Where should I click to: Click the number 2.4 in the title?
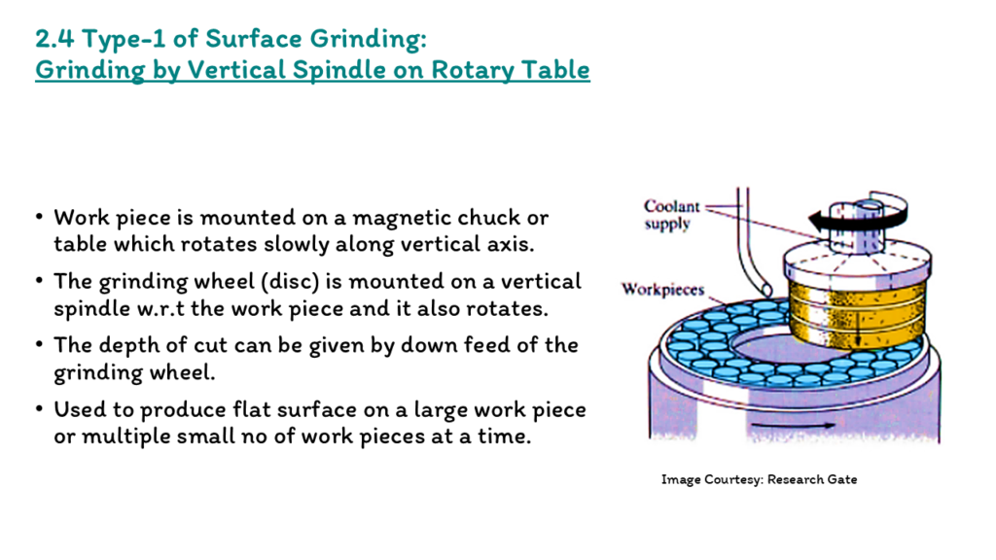pyautogui.click(x=55, y=39)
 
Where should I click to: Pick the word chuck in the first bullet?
pyautogui.click(x=489, y=217)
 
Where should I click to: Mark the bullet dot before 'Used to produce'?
pyautogui.click(x=40, y=409)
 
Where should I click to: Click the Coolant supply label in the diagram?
pyautogui.click(x=671, y=215)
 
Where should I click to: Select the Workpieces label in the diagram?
pyautogui.click(x=663, y=290)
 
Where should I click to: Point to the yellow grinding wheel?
pyautogui.click(x=856, y=314)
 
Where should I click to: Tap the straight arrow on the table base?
pyautogui.click(x=793, y=426)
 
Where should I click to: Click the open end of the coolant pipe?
pyautogui.click(x=766, y=290)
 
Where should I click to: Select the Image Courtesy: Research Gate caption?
pyautogui.click(x=759, y=479)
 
